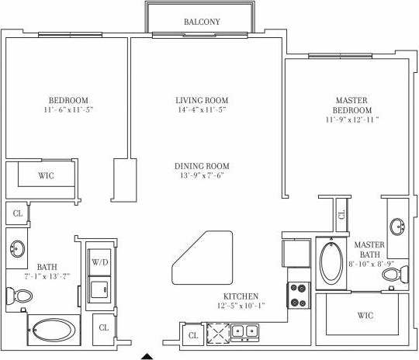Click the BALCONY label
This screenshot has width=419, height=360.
[201, 22]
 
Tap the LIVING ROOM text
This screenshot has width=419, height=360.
[201, 100]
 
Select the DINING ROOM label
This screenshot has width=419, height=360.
[201, 166]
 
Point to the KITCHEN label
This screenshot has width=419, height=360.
[241, 297]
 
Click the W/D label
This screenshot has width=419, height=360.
[99, 262]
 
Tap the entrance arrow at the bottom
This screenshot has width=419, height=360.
[147, 356]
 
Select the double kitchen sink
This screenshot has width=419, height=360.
[244, 333]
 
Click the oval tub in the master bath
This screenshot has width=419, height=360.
[331, 262]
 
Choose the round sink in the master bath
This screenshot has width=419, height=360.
[396, 227]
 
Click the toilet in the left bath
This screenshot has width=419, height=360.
[23, 296]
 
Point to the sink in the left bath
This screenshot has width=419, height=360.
[17, 249]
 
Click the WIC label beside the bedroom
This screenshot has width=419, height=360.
[46, 175]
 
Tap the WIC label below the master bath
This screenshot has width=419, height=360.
[365, 316]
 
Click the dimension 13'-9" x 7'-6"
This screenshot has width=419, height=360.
[201, 175]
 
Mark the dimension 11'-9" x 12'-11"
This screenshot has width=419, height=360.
[353, 120]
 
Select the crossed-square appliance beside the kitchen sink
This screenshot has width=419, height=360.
[217, 334]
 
